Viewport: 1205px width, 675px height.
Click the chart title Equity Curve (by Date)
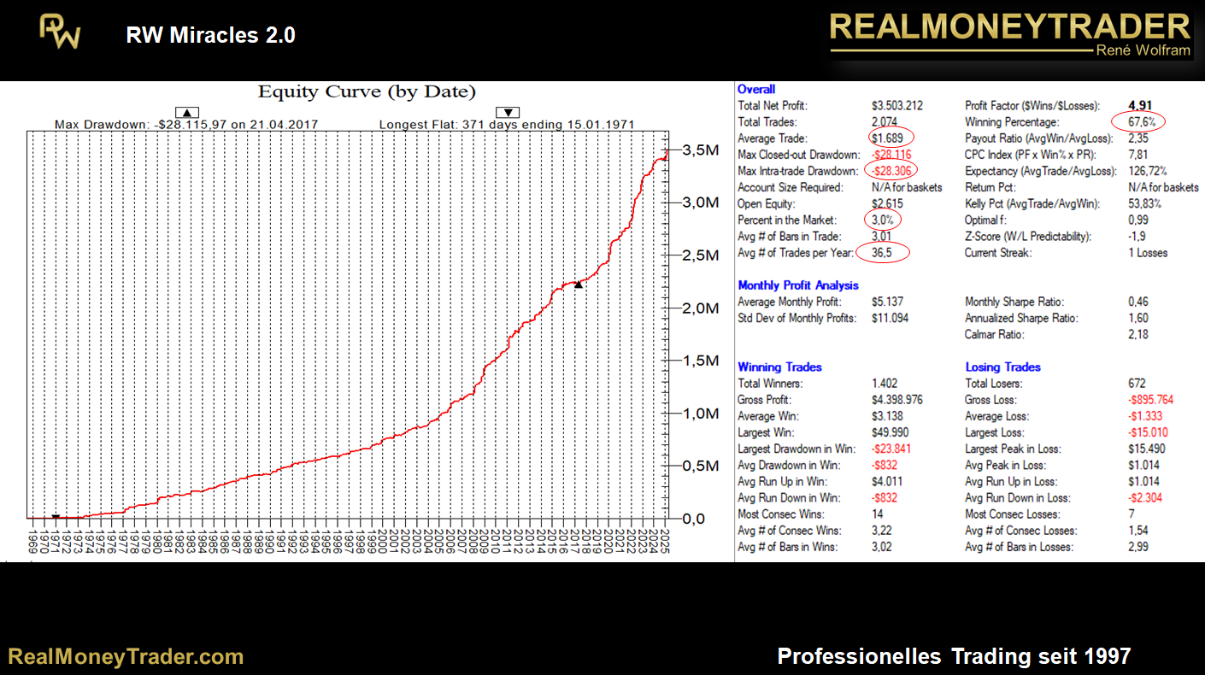tap(367, 92)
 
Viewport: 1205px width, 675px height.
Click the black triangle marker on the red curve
tap(579, 285)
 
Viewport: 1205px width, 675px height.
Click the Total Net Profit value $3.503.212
tap(897, 106)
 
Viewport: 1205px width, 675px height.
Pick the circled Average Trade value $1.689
tap(890, 138)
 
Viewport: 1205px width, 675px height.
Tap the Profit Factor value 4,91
tap(1142, 106)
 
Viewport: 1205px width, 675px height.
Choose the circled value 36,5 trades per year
tap(885, 253)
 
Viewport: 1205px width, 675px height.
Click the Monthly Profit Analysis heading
tap(798, 285)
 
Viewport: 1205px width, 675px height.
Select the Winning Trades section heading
tap(779, 367)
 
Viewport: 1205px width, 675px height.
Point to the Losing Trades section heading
tap(1002, 367)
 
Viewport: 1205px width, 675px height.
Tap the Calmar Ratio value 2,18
tap(1137, 335)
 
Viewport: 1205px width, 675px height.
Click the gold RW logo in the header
tap(60, 32)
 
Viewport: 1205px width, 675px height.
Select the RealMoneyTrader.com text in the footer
tap(126, 656)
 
